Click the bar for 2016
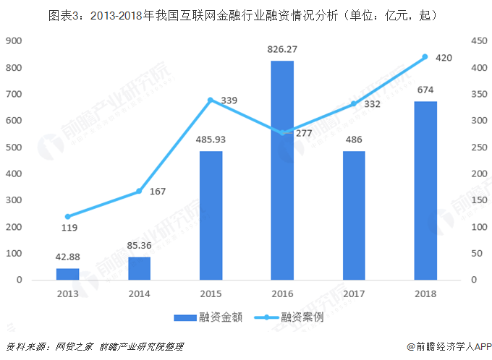(x=282, y=170)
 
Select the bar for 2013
(x=67, y=274)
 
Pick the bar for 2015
(x=211, y=215)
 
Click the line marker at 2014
(x=139, y=192)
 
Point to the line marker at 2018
(x=425, y=57)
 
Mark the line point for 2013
(x=67, y=217)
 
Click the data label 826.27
(x=282, y=50)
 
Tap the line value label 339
(x=229, y=100)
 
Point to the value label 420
(x=444, y=57)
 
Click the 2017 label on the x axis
(x=354, y=294)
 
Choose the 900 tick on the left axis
(x=14, y=41)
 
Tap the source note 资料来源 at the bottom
(x=94, y=347)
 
